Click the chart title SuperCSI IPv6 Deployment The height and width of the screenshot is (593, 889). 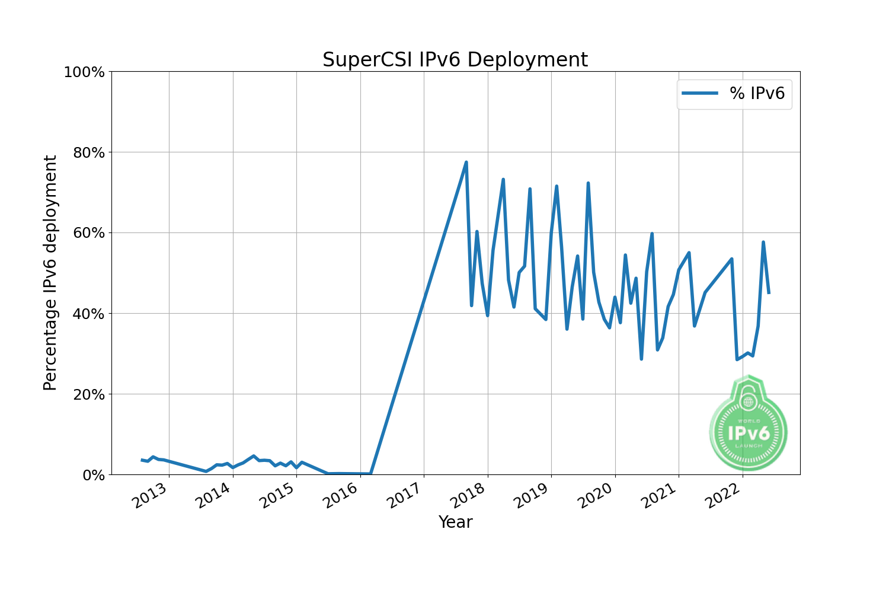coord(455,60)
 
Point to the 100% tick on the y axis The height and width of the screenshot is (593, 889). coord(84,72)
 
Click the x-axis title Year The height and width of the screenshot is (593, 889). coord(455,522)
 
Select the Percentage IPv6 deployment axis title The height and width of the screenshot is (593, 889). coord(51,273)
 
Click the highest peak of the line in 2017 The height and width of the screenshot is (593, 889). coord(466,162)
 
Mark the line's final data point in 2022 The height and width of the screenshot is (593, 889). coord(769,292)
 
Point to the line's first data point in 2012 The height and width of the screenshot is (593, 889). coord(142,460)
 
